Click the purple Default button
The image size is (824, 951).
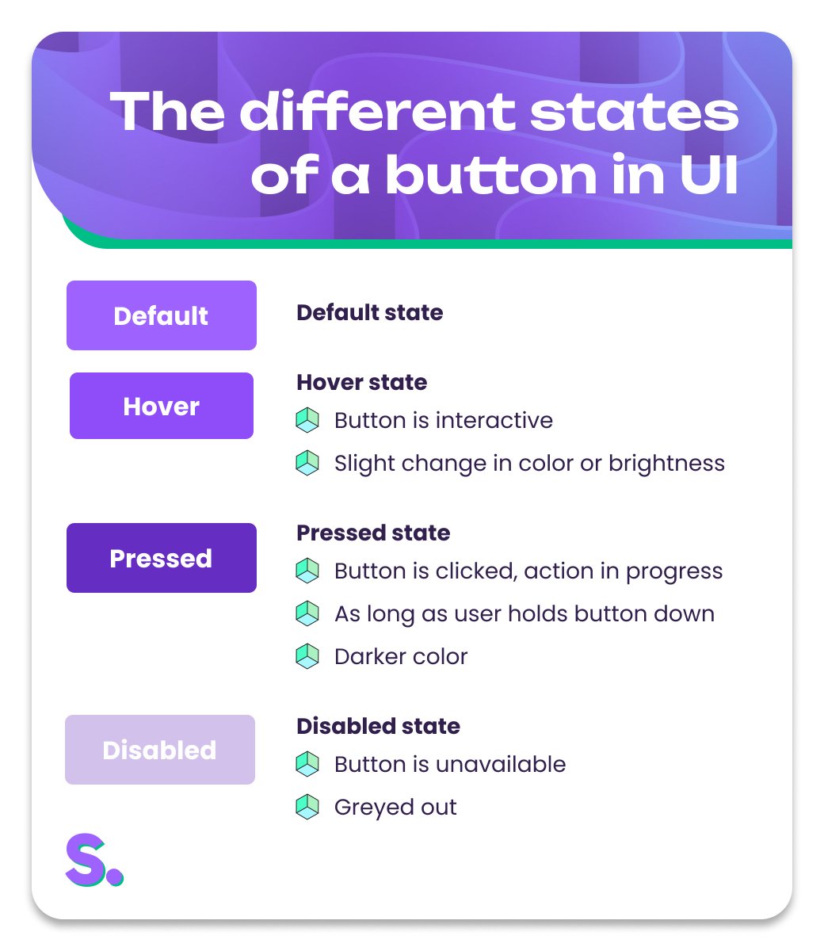162,315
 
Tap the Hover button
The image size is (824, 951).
162,406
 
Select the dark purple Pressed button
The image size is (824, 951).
162,558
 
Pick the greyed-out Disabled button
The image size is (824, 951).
160,750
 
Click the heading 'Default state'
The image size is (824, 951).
369,312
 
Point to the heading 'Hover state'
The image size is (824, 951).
361,382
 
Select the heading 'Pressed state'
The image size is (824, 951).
373,533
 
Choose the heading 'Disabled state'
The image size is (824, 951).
378,726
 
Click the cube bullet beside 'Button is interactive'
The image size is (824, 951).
307,420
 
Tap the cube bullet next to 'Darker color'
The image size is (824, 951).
307,656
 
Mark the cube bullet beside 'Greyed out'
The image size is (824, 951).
307,807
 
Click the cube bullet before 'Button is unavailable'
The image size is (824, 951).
307,764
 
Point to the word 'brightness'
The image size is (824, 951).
666,463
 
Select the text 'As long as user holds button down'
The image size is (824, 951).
525,613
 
